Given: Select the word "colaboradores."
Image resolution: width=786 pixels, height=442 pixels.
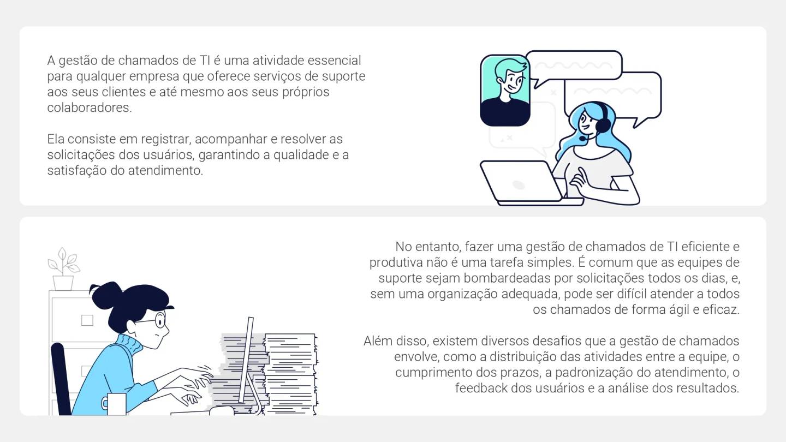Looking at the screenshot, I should (x=90, y=107).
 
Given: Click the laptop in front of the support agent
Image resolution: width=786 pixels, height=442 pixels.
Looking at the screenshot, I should (x=520, y=182).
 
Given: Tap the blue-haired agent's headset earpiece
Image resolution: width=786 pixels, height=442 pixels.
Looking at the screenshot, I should (x=603, y=126).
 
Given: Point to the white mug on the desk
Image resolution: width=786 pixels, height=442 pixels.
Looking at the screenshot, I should (x=116, y=404).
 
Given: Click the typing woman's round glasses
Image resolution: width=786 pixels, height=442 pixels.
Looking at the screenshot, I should (x=158, y=320).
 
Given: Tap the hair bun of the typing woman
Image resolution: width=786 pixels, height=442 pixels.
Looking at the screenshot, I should (x=106, y=295).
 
